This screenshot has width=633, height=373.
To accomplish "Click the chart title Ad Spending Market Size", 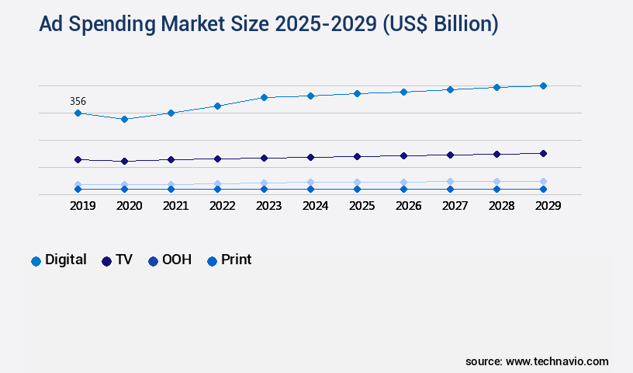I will coord(268,24).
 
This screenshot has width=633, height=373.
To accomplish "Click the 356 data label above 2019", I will coord(78,101).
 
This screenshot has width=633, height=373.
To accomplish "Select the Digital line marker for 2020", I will coord(124,119).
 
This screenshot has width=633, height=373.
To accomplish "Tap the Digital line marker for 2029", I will coord(543,85).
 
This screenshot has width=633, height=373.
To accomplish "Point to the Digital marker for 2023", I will coord(264,97).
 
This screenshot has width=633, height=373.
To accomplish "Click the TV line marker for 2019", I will coord(78,159).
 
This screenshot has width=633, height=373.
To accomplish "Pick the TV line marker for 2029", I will coord(543,153).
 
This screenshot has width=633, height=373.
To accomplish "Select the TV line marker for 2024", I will coord(310,157).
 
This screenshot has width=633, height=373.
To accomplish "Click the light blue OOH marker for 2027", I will coord(450,182).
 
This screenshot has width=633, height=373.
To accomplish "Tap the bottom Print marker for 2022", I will coord(217,189).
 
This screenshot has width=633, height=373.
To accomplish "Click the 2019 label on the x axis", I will coord(82,206).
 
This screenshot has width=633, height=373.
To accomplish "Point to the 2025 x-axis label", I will coord(361,206).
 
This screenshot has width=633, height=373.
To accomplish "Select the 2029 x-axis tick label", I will coord(548,206).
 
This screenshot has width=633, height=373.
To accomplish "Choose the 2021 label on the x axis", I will coord(175,206).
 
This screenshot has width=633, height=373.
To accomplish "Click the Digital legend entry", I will coord(59,260).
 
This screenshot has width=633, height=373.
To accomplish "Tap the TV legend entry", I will coord(117,260).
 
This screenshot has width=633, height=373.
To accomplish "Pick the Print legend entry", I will coord(229,260).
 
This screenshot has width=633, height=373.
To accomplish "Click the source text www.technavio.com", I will coord(537,361).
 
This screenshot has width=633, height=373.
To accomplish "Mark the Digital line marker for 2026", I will coord(403,92).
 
